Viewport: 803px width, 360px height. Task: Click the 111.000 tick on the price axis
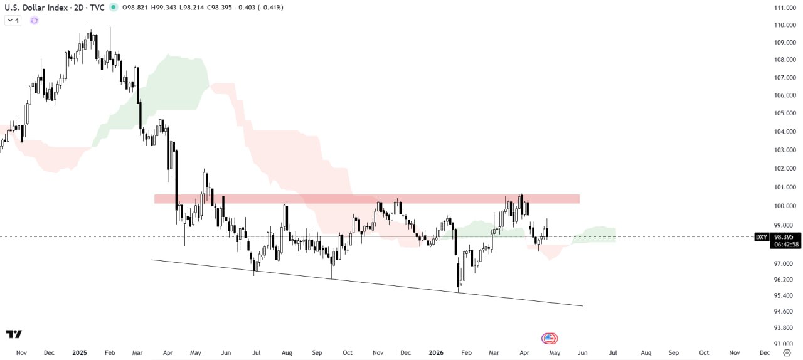point(785,8)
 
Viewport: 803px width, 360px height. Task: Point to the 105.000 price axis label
point(785,114)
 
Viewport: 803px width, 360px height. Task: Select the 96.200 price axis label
point(785,280)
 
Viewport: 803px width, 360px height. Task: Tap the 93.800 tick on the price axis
point(785,327)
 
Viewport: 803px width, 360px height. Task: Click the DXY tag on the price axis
point(761,237)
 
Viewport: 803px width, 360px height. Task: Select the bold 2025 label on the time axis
point(80,353)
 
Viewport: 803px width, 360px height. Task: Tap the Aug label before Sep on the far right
point(645,353)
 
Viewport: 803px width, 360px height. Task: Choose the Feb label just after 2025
point(110,353)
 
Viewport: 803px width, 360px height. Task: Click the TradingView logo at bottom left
point(14,334)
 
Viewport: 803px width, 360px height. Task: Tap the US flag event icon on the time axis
point(550,339)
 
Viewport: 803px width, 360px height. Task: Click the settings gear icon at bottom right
point(787,353)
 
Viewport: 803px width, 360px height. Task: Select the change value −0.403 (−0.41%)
point(259,8)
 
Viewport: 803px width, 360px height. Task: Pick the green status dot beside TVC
point(113,8)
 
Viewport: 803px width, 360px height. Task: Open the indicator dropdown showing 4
point(13,20)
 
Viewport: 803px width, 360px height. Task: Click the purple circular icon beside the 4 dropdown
point(34,20)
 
